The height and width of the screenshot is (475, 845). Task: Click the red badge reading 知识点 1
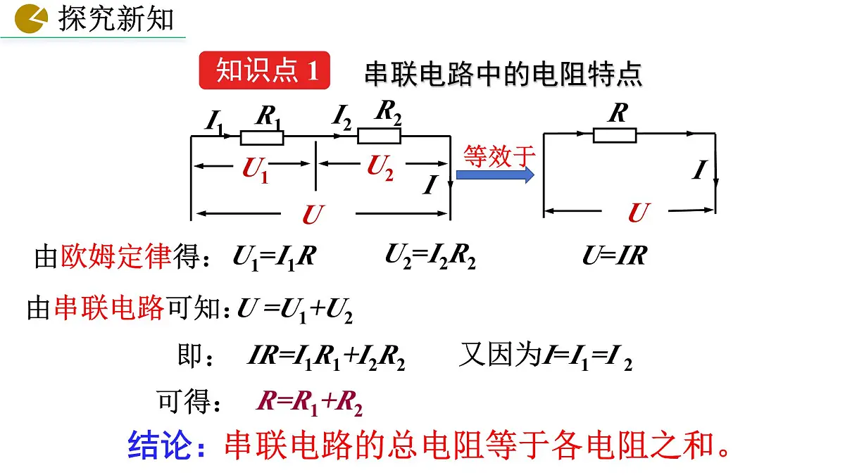coord(265,70)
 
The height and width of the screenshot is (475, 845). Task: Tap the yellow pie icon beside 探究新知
coord(31,18)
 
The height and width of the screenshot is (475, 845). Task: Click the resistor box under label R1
coord(262,138)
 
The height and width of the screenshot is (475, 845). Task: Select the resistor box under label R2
coord(379,136)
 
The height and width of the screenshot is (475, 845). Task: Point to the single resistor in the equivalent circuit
coord(615,135)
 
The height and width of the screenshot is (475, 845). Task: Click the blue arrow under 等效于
coord(495,175)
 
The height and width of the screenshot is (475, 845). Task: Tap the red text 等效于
coord(499,156)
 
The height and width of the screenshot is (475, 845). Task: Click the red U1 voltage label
coord(256,170)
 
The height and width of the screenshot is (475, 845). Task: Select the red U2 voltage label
coord(380,167)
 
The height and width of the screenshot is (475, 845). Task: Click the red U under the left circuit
coord(313,215)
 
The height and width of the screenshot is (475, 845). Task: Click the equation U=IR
coord(615,255)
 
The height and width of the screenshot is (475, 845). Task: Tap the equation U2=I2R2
coord(430,256)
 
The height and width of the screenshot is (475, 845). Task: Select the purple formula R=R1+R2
coord(309,403)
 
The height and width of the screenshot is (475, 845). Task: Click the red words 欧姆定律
coord(116,256)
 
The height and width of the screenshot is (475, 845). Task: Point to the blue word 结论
coord(159,445)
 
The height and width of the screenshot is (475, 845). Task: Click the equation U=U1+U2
coord(295,310)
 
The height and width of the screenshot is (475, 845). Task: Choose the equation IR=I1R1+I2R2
coord(326,357)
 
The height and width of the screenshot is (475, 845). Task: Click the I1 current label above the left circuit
coord(214,121)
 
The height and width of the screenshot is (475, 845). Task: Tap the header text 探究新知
coord(115,19)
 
